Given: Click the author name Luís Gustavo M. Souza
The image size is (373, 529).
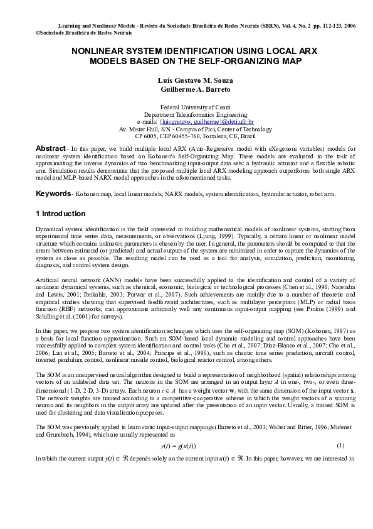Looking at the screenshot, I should [186, 81].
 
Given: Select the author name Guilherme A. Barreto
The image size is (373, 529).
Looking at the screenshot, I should [186, 90].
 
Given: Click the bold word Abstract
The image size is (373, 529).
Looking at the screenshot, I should [50, 147].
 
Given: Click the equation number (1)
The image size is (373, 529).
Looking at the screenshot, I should [340, 445].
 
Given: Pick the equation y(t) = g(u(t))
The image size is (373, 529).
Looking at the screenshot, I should [187, 445].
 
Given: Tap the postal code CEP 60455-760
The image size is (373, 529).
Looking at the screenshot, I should [169, 136].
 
